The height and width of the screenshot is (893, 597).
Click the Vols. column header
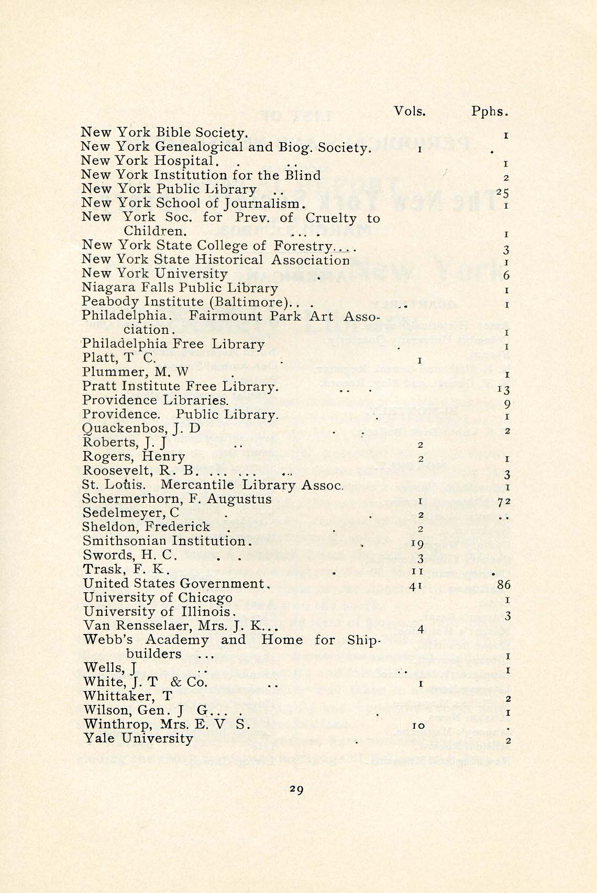coord(410,111)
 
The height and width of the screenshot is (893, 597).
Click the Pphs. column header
coord(490,111)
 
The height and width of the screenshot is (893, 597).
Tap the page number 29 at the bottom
coord(296,789)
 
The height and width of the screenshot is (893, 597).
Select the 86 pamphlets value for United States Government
coord(504,584)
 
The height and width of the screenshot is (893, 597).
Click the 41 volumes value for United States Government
coord(416,586)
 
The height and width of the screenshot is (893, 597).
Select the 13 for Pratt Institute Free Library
coord(504,389)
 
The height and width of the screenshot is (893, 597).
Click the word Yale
coord(101,739)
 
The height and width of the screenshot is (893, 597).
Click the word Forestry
coord(303,246)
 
